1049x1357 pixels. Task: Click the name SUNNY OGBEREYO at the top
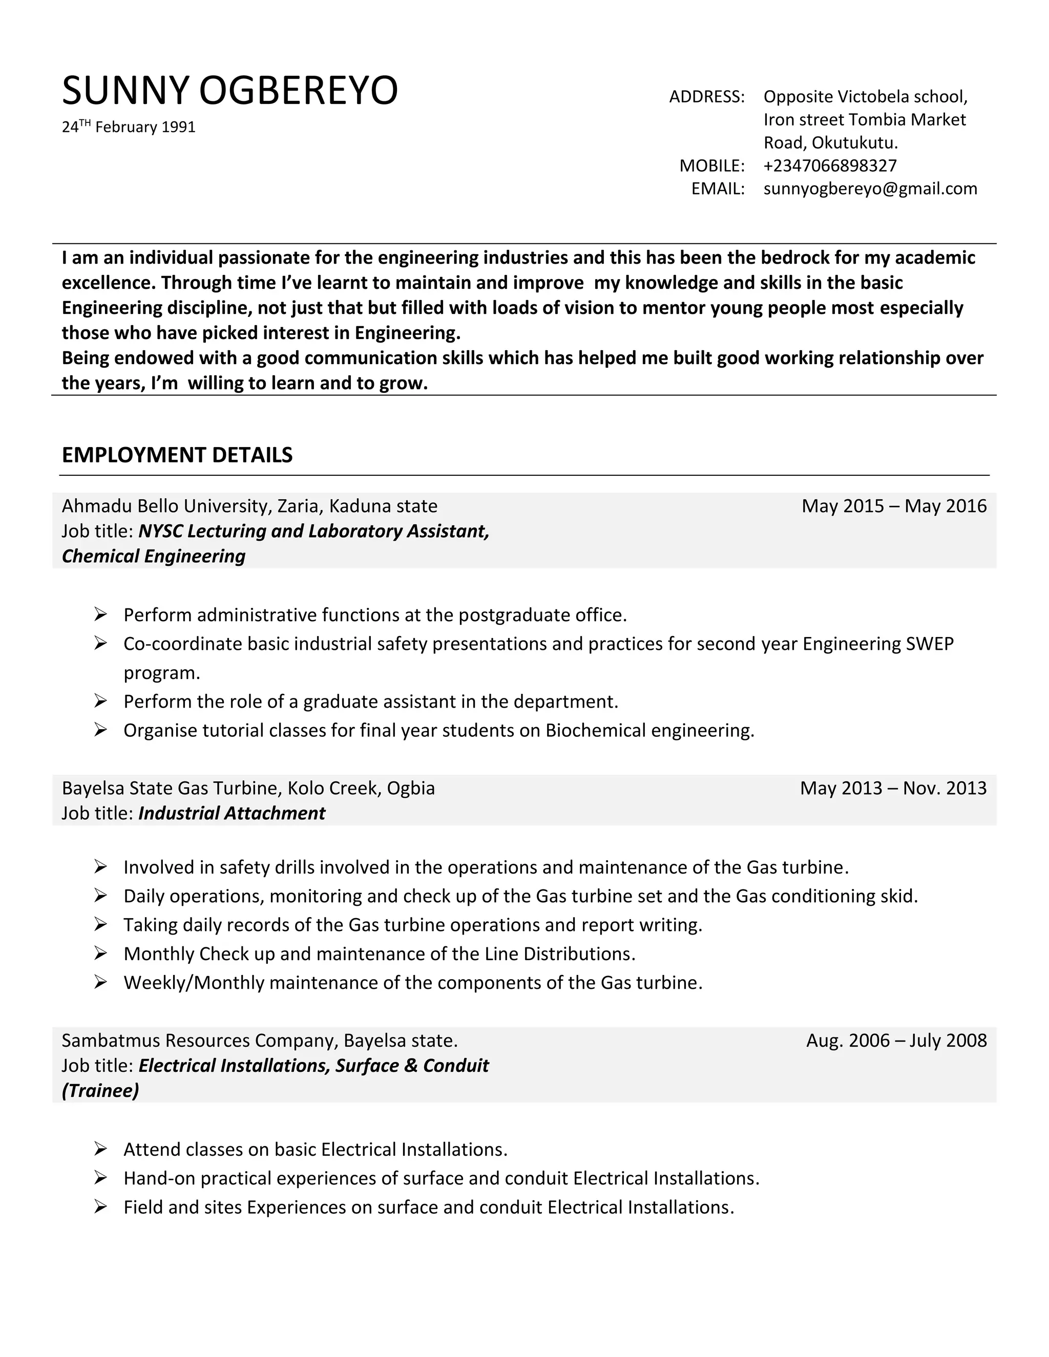(x=230, y=90)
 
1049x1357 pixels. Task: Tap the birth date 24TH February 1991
(x=129, y=128)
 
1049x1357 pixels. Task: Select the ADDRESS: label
(x=706, y=97)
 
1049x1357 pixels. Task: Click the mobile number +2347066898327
(x=830, y=166)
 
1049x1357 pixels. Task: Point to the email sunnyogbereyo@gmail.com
(x=870, y=189)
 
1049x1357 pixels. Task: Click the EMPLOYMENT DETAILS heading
(x=177, y=455)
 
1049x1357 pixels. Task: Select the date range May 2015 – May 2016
(x=894, y=506)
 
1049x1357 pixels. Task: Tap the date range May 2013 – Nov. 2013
(x=893, y=789)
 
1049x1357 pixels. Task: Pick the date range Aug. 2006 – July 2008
(x=896, y=1041)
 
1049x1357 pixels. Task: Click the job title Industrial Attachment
(x=232, y=813)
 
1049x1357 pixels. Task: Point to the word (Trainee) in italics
(x=100, y=1090)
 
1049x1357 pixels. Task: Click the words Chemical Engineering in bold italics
(x=154, y=556)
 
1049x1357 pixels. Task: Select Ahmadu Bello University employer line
(x=249, y=506)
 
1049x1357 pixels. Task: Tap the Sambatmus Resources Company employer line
(x=259, y=1041)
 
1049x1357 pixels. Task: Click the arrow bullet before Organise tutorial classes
(x=101, y=729)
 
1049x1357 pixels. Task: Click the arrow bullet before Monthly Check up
(x=101, y=953)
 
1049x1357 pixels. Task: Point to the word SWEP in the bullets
(x=929, y=644)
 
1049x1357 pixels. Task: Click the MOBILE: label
(x=711, y=166)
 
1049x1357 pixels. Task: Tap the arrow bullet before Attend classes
(x=101, y=1149)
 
